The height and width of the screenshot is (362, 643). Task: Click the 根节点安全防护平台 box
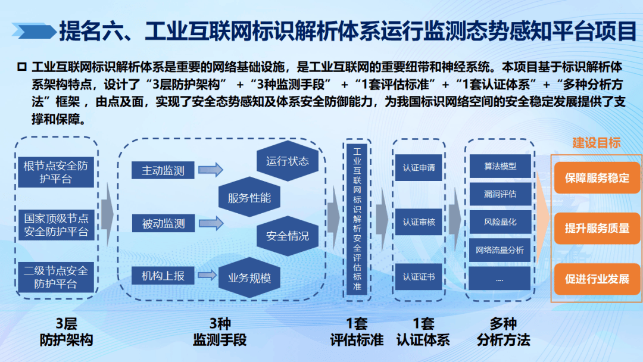55,171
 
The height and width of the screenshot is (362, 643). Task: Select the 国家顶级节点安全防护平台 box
55,224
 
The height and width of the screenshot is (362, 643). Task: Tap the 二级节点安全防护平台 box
55,277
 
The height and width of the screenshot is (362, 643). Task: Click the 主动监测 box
163,171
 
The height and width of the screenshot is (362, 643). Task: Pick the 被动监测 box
163,224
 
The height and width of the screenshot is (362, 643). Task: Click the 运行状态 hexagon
288,161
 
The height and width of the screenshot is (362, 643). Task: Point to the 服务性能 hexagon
249,198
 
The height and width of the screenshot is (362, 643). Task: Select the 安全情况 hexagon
288,236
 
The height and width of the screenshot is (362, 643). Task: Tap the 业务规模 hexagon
249,277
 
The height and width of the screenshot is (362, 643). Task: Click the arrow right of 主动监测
210,171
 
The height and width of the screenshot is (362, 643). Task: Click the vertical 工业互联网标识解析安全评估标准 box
357,219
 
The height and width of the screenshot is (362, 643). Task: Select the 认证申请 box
419,168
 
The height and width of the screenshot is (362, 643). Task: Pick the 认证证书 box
419,276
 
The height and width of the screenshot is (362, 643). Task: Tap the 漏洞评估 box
500,194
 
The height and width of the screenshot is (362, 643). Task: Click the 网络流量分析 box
500,250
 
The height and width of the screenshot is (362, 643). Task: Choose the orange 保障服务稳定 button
597,178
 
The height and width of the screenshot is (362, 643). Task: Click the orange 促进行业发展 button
597,279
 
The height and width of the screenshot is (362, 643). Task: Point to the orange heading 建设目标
597,143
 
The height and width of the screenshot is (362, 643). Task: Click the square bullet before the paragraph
22,65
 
